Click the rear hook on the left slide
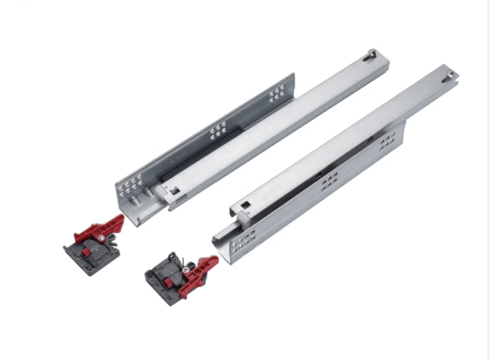[372, 53]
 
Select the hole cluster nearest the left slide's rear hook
[276, 92]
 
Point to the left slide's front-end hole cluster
[129, 184]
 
